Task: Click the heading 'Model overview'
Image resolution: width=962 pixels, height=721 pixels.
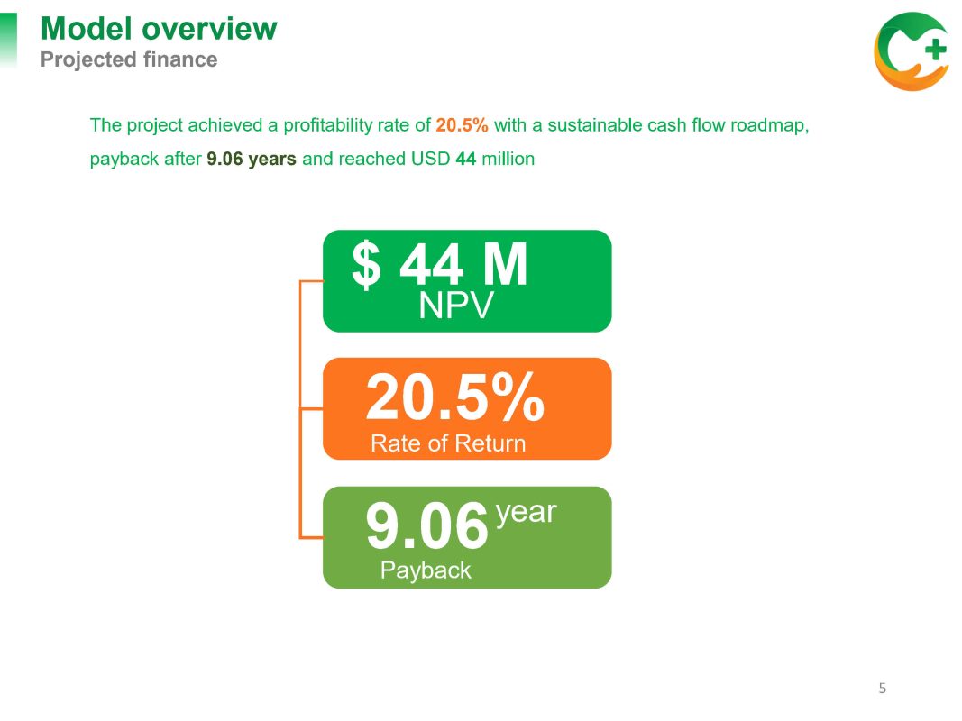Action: pos(159,29)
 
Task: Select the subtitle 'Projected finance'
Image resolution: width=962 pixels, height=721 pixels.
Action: pos(129,60)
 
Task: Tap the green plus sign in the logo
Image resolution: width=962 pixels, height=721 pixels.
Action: pos(935,49)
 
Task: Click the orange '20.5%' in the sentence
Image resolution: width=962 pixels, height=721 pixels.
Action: pos(462,125)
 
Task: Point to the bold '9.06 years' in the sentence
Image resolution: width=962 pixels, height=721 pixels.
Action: pos(252,159)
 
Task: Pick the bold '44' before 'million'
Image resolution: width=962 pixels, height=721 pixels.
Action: pos(465,159)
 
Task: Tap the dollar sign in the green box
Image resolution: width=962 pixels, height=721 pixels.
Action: pos(366,264)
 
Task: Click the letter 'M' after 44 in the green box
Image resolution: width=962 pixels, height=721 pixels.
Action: pos(505,264)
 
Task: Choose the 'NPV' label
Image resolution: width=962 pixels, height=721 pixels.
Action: pos(456,306)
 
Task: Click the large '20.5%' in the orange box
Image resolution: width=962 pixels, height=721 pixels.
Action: pos(454,397)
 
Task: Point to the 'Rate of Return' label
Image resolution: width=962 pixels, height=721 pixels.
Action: pos(448,443)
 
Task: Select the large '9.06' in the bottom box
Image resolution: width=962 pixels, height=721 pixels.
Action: pos(427,525)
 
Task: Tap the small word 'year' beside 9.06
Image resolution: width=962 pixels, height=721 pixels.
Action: pos(526,513)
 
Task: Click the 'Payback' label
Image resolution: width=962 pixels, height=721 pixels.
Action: pos(426,570)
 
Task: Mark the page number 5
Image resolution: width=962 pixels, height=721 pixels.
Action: pos(883,688)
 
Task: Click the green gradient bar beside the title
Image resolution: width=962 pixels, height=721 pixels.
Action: pos(9,41)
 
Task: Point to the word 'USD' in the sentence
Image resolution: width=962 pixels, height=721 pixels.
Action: pos(431,159)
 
